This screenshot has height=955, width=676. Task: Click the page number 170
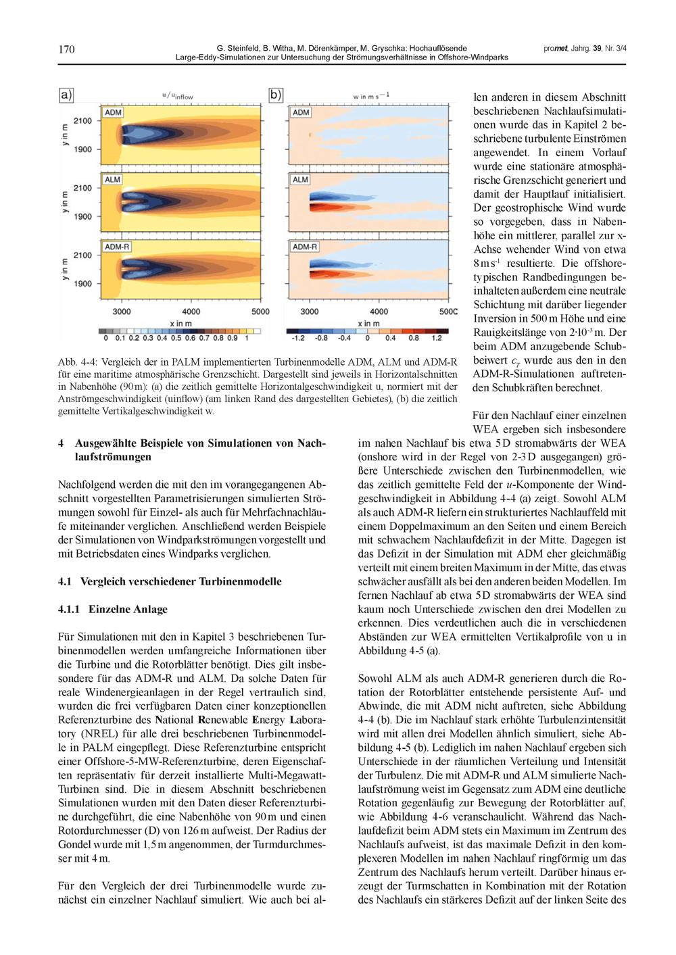pyautogui.click(x=66, y=49)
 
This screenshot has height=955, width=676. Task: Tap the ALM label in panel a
pyautogui.click(x=112, y=179)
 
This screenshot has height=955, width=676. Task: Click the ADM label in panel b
pyautogui.click(x=301, y=112)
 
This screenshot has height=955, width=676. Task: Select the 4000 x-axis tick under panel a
pyautogui.click(x=191, y=312)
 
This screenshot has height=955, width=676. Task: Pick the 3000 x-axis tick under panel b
pyautogui.click(x=310, y=312)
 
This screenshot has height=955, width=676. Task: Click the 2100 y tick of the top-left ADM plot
pyautogui.click(x=82, y=121)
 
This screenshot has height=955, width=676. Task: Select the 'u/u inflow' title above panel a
pyautogui.click(x=178, y=96)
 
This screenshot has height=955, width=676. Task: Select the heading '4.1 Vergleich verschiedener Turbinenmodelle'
pyautogui.click(x=170, y=581)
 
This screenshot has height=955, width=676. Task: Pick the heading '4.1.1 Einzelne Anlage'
pyautogui.click(x=113, y=609)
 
